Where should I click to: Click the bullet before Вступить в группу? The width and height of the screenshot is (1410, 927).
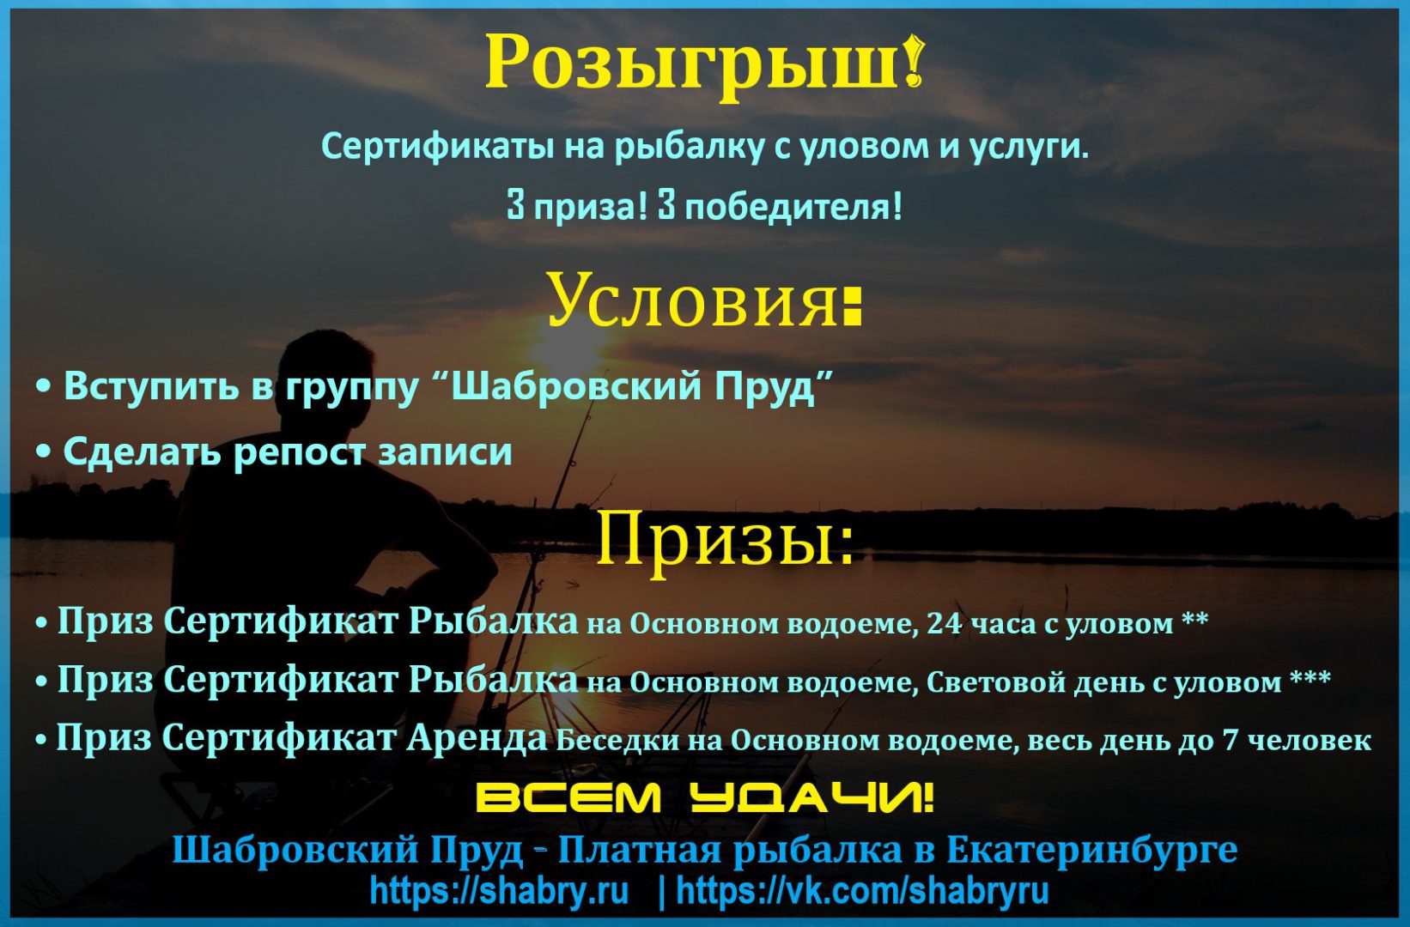44,388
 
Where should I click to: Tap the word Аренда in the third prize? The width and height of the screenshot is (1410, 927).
476,737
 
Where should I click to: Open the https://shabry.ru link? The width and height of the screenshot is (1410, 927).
499,891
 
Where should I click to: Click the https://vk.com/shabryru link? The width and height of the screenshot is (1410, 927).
863,891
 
